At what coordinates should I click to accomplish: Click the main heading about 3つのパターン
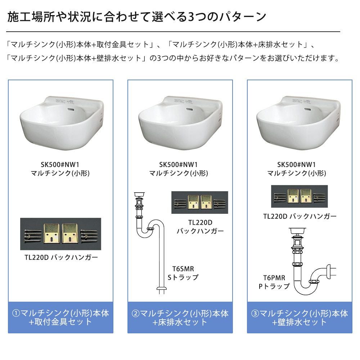pos(137,17)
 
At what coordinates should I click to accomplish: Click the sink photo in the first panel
pos(62,123)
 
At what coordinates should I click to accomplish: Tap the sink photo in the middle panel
pos(180,123)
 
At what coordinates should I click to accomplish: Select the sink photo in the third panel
pos(298,123)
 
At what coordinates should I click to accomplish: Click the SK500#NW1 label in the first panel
pos(60,165)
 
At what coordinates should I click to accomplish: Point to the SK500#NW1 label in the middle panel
pos(179,165)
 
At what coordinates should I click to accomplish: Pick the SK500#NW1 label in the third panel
pos(296,165)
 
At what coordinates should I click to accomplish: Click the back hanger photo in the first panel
pos(60,234)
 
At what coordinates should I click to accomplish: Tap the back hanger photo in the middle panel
pos(200,202)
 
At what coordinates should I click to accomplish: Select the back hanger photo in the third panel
pos(300,196)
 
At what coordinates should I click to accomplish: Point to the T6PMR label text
pos(274,278)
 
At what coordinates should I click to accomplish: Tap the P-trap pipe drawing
pos(312,261)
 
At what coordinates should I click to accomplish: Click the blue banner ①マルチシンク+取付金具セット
pos(60,318)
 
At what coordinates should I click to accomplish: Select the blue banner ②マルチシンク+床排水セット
pos(180,318)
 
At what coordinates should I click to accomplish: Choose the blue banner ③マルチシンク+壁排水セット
pos(300,318)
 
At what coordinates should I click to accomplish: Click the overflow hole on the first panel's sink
pos(71,109)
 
